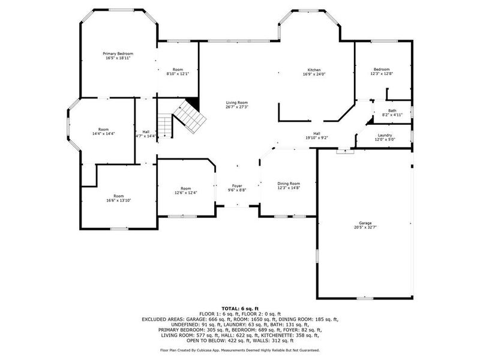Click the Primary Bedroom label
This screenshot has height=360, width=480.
click(x=118, y=54)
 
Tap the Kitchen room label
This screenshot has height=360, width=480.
click(x=315, y=70)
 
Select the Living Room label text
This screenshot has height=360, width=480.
click(x=237, y=103)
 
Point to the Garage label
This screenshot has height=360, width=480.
click(x=365, y=223)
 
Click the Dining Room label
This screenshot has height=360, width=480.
click(x=288, y=184)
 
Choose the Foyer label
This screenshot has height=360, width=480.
click(x=237, y=185)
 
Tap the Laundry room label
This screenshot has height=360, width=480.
click(x=385, y=135)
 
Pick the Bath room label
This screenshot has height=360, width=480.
click(x=392, y=110)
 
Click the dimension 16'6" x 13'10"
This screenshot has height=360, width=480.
click(x=118, y=200)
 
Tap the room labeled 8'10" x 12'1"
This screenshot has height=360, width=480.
click(x=178, y=74)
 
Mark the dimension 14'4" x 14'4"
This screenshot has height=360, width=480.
click(x=104, y=134)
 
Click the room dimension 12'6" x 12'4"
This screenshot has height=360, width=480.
click(x=186, y=193)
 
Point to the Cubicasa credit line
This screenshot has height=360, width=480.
click(x=239, y=350)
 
